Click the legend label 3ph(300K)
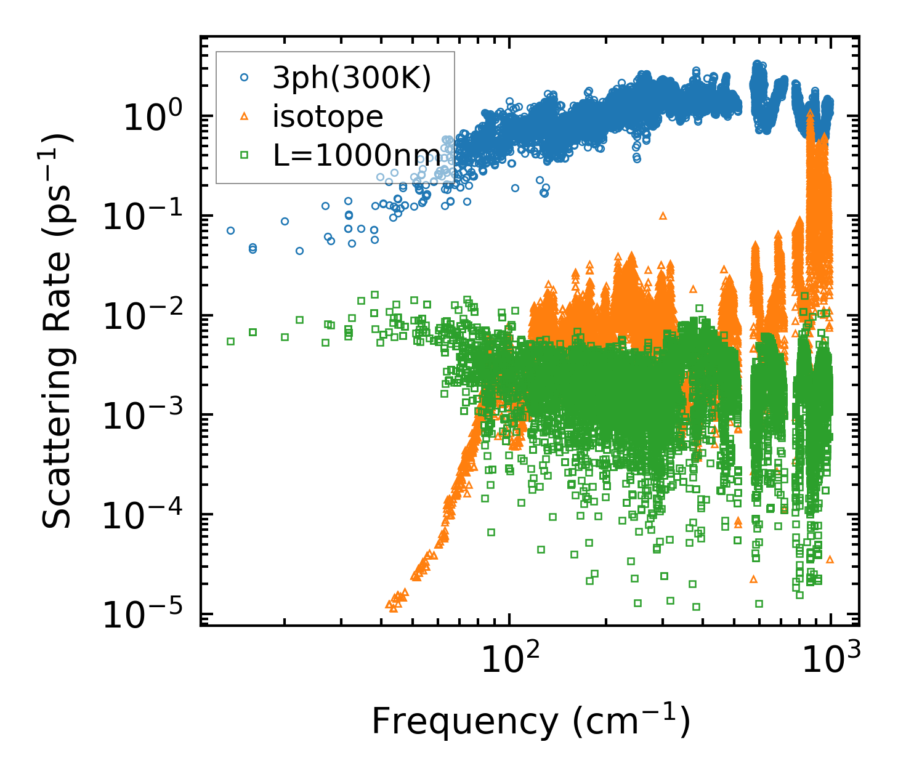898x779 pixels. (x=352, y=78)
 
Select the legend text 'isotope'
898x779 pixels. (x=328, y=116)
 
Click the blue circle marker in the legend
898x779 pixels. (x=245, y=78)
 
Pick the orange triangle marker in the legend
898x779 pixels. (x=245, y=116)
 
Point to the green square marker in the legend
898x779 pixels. (x=245, y=155)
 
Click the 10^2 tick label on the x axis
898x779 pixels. (x=509, y=660)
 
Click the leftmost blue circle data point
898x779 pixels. (x=230, y=231)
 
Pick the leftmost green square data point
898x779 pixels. (x=230, y=341)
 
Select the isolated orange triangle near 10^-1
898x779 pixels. (x=663, y=216)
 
